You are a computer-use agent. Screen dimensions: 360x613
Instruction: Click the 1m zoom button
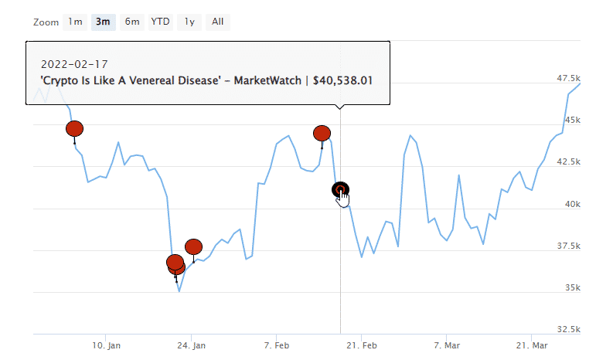(75, 22)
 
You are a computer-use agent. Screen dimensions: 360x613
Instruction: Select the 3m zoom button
(103, 22)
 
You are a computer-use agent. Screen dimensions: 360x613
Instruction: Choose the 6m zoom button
(132, 22)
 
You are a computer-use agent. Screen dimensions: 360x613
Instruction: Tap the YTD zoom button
(160, 22)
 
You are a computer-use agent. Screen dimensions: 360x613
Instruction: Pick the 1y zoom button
(189, 22)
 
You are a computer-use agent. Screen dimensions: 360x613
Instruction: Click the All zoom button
(218, 22)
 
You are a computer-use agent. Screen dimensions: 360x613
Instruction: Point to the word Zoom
(46, 22)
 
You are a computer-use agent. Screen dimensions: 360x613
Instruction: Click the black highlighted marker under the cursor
(340, 189)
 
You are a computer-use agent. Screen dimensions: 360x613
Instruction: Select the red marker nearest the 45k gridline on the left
(74, 128)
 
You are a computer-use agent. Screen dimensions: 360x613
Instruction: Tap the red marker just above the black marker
(322, 133)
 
